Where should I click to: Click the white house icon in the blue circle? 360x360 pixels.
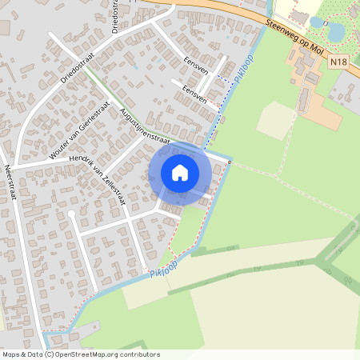pos(180,172)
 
